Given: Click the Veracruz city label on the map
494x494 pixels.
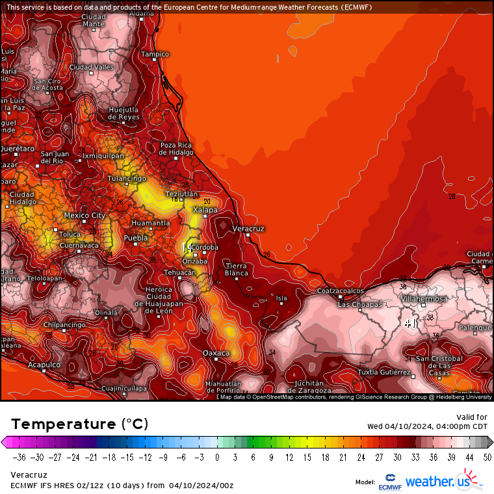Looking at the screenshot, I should coord(248,229).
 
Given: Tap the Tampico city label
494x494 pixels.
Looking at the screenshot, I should coord(155,54).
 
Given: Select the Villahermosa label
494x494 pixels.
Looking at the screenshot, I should coord(424,298).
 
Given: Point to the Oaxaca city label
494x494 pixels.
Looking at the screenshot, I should coord(216,353).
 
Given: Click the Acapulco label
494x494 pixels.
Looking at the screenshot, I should coord(44,365).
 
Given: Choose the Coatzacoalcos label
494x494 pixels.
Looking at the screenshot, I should coord(340,291).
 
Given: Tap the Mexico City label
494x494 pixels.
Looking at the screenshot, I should coord(84,215).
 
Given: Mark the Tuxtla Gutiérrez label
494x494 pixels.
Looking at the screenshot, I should coord(384,372).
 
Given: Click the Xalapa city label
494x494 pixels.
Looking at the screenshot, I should coord(205,209).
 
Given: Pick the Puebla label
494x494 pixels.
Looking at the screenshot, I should coord(136,239).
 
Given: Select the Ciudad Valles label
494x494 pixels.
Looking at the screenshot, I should coord(92,67).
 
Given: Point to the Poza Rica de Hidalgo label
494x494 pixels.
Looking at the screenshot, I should coord(177,149).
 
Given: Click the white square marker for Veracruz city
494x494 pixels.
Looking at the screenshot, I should coord(248,236).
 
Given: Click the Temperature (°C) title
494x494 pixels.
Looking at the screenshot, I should coord(80,424).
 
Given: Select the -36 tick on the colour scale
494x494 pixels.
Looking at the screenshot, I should coord(19,457).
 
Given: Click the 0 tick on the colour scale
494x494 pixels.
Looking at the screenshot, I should coord(217,457).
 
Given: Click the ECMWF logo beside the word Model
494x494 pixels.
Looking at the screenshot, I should coord(389,482).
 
